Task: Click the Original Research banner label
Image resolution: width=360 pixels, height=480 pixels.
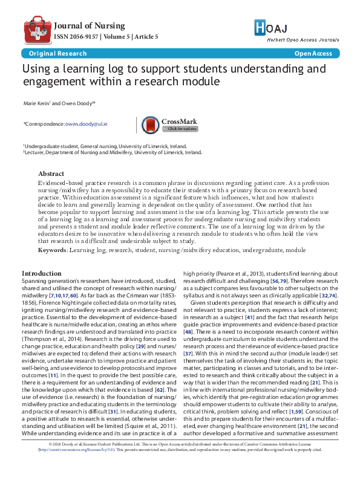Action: pos(45,54)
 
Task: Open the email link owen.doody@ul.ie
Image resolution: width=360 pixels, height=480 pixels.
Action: pos(86,123)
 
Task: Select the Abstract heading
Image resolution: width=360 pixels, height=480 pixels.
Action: pos(51,174)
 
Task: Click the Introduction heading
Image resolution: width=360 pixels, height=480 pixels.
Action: pos(42,273)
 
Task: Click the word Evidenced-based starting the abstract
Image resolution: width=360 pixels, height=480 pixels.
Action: pos(57,183)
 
